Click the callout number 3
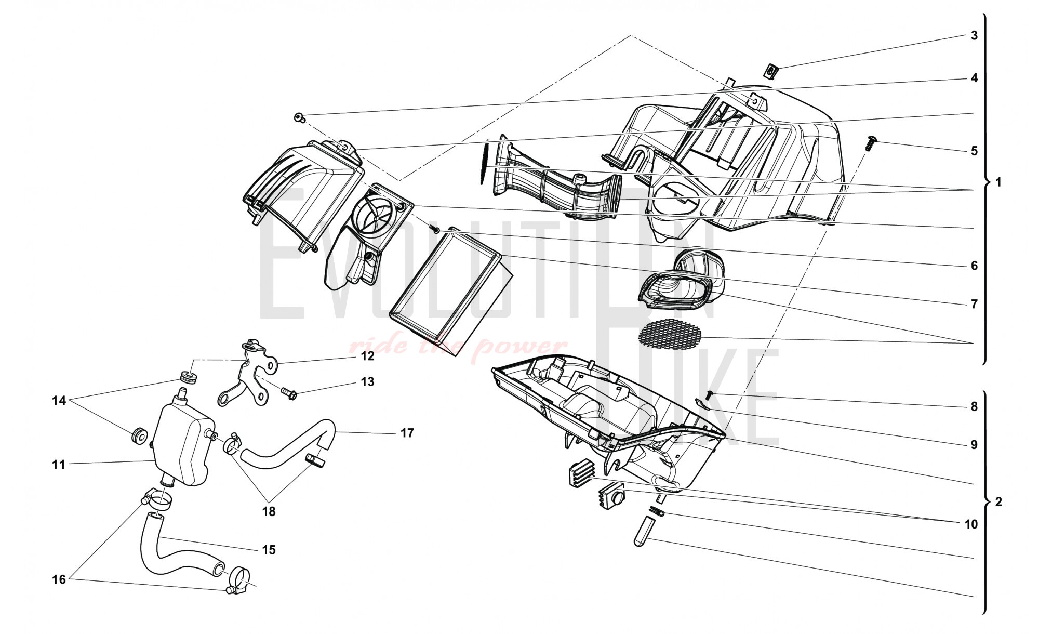pyautogui.click(x=974, y=35)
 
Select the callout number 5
pyautogui.click(x=974, y=151)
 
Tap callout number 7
pyautogui.click(x=974, y=304)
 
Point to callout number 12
pyautogui.click(x=368, y=356)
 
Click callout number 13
pyautogui.click(x=368, y=382)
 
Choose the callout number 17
pyautogui.click(x=407, y=432)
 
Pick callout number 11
pyautogui.click(x=58, y=465)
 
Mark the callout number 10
pyautogui.click(x=971, y=524)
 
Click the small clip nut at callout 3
pyautogui.click(x=772, y=72)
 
